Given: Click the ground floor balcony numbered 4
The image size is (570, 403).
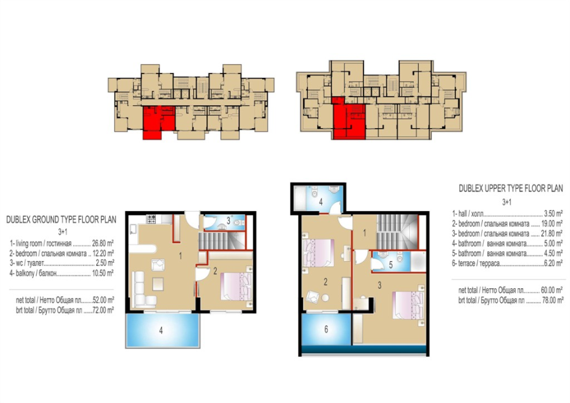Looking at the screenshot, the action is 163,330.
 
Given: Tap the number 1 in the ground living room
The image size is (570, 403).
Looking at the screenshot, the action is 180,256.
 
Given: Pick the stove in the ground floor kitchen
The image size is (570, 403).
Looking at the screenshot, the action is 151,219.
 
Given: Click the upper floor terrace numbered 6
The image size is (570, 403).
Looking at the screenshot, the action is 326,329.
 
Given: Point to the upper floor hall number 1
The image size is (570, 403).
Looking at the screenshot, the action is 365,233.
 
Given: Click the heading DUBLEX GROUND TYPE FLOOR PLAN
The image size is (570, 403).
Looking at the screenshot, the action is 61,220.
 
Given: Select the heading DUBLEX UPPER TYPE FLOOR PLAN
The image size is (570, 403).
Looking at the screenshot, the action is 510,188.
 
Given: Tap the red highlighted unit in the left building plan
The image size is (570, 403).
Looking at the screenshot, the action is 158,122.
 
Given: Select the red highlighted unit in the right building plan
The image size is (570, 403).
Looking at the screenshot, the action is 348,118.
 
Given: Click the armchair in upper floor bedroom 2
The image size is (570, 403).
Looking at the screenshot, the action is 313,297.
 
